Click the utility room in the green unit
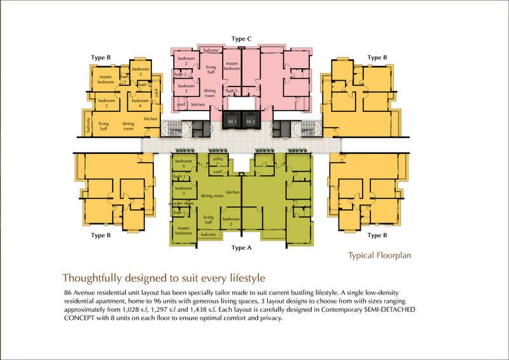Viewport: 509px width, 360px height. click(218, 159)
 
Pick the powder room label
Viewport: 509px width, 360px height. click(179, 204)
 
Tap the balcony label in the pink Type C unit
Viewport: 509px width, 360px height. click(211, 50)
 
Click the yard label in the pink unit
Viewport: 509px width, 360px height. click(181, 104)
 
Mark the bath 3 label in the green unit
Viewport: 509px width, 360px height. click(179, 176)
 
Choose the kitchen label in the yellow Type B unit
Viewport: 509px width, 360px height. click(151, 119)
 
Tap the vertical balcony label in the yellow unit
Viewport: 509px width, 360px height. click(89, 128)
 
